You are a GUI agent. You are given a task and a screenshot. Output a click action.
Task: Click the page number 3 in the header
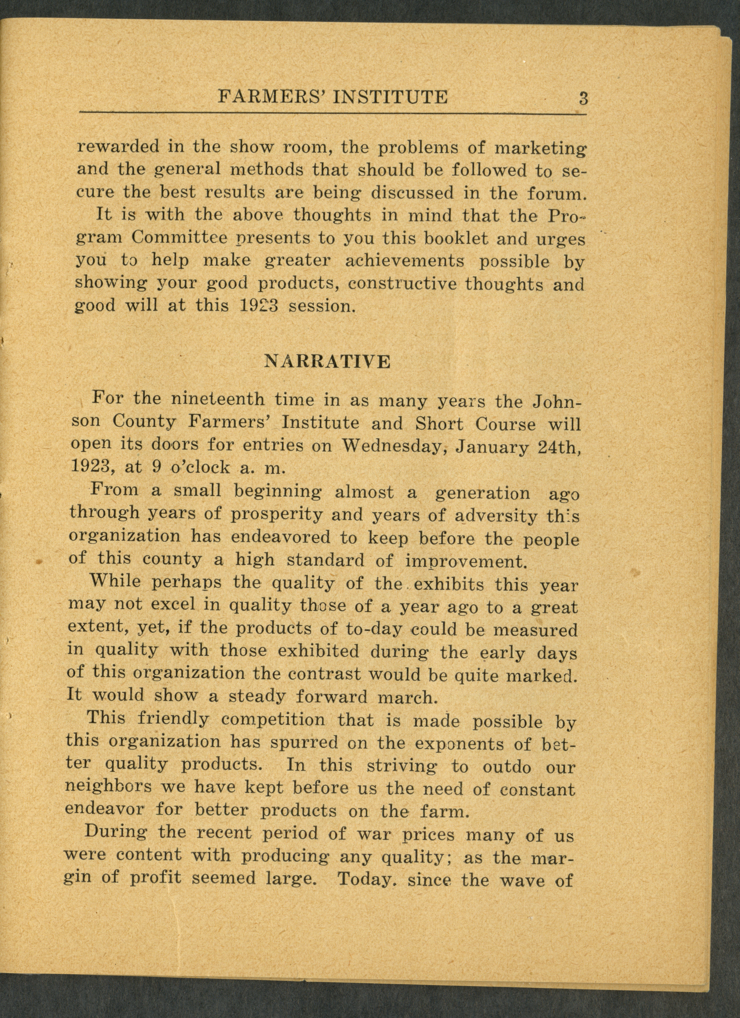click(583, 98)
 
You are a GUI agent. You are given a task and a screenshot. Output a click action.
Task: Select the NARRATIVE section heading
click(327, 361)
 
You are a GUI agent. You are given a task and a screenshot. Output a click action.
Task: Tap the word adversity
click(495, 517)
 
